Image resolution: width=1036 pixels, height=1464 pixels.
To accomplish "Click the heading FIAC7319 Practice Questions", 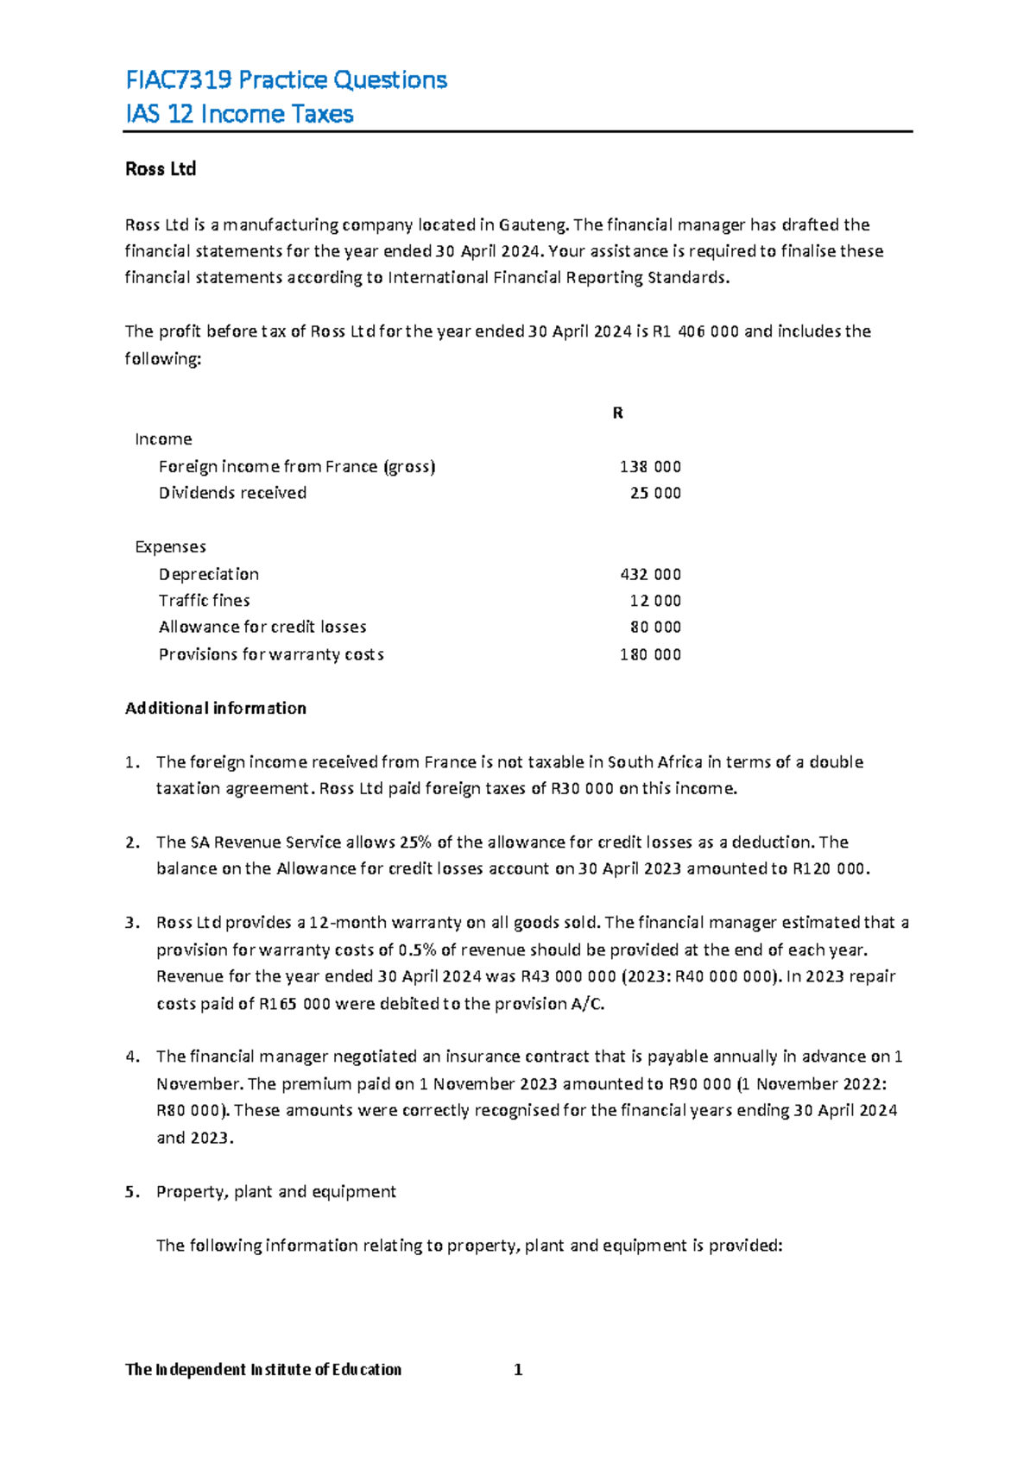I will click(286, 80).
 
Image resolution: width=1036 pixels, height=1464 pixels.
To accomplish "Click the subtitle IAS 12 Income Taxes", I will click(239, 114).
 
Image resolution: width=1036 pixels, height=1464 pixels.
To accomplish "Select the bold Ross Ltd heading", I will click(161, 169).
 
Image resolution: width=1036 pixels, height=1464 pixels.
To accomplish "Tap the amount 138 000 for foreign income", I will click(650, 467).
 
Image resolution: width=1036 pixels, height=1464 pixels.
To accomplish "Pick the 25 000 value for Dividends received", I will click(655, 494).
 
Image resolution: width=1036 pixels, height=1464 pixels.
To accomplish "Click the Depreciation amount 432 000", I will click(650, 575).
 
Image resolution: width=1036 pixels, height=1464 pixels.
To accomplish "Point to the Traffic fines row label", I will click(204, 601).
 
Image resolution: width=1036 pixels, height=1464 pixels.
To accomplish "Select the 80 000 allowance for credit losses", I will click(655, 628).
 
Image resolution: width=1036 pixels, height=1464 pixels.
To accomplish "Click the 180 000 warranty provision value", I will click(650, 655).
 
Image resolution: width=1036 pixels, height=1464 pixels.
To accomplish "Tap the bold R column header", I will click(617, 413).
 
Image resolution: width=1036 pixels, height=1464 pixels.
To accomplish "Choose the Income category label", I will click(163, 439).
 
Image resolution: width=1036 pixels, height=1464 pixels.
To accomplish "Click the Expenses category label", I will click(170, 547).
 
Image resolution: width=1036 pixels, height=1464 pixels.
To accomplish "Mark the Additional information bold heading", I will click(216, 709).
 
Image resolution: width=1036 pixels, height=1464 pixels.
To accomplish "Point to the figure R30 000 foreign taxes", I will click(582, 789).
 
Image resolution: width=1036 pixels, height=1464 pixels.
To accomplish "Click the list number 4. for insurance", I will click(132, 1057).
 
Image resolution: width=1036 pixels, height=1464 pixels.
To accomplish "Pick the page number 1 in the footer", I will click(518, 1370).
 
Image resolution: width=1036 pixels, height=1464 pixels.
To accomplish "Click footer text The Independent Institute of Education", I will click(263, 1370).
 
